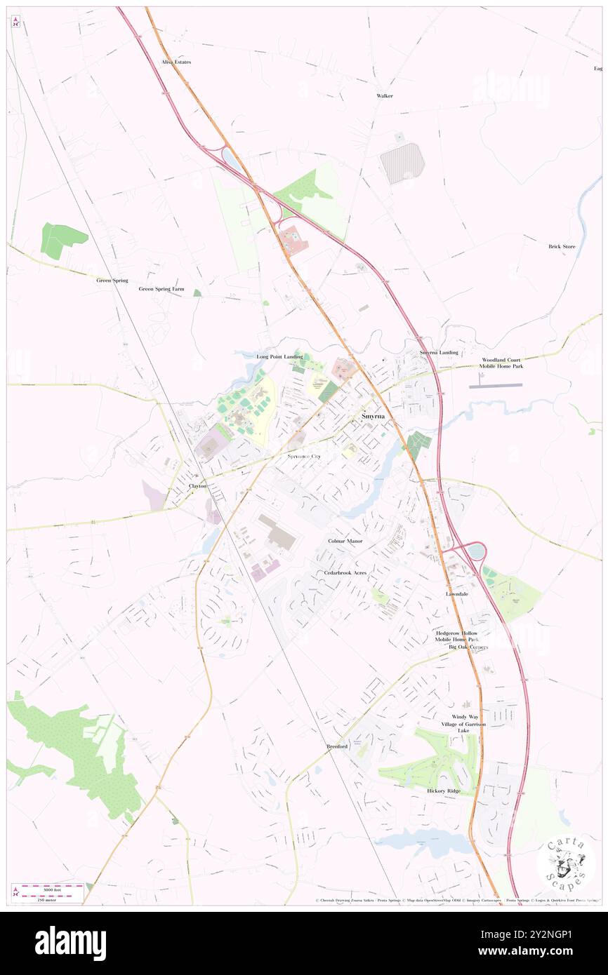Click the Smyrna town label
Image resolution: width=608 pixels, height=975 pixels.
(372, 416)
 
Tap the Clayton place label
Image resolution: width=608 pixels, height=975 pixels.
(197, 485)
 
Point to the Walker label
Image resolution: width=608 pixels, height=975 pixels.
(385, 95)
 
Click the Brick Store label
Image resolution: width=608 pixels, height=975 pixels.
(562, 246)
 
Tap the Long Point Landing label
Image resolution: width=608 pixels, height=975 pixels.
(279, 356)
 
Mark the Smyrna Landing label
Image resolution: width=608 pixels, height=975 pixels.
(439, 351)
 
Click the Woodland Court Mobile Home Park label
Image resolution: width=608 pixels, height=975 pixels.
(501, 363)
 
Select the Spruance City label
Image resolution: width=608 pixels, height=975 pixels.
(304, 456)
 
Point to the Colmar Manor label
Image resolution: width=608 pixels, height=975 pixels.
(345, 542)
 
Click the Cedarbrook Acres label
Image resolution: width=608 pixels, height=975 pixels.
(345, 572)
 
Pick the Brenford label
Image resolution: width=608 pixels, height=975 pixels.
(337, 746)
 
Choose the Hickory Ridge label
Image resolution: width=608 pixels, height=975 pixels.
(444, 791)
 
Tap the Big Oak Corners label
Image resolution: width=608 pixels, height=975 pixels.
(468, 647)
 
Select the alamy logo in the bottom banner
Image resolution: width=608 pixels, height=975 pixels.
(70, 943)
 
